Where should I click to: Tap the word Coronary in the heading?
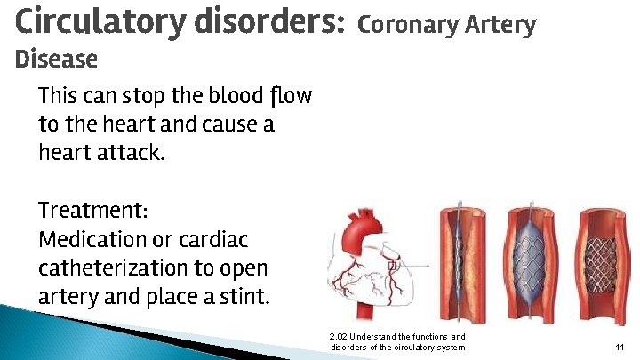coord(408,25)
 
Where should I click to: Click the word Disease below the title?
coord(57,60)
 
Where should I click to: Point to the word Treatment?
coord(93,212)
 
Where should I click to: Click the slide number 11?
coord(619,347)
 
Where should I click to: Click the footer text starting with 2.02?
coord(396,341)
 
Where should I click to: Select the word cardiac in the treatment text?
coord(217,240)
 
